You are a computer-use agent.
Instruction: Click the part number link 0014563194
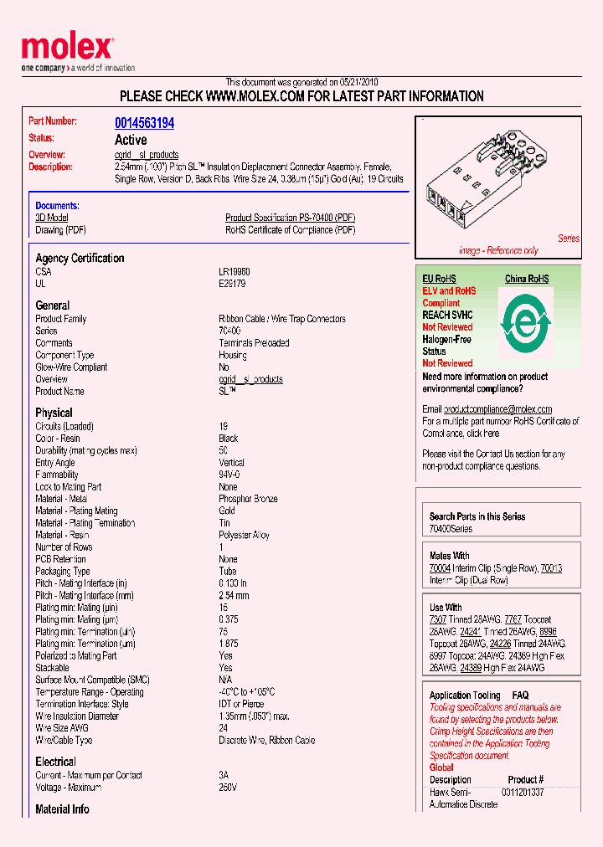coord(144,123)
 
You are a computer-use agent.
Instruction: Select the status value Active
coord(131,140)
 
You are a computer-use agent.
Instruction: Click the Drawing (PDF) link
coord(60,229)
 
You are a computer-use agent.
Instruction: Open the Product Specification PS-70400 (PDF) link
coord(290,218)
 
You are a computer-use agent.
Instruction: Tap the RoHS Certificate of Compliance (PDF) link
coord(290,229)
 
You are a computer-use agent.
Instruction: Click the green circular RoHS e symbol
coord(527,322)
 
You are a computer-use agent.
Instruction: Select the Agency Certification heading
coord(80,259)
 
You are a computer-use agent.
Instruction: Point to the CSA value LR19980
coord(234,272)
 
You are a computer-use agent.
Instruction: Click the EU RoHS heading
coord(439,279)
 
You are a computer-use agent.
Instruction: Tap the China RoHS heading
coord(527,279)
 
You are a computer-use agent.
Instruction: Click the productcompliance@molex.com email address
coord(497,409)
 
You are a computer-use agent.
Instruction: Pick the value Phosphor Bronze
coord(248,499)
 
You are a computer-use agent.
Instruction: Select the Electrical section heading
coord(55,762)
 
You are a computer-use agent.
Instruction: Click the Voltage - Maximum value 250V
coord(228,788)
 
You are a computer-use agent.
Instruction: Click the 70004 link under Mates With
coord(440,568)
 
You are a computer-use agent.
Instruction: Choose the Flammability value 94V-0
coord(229,475)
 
